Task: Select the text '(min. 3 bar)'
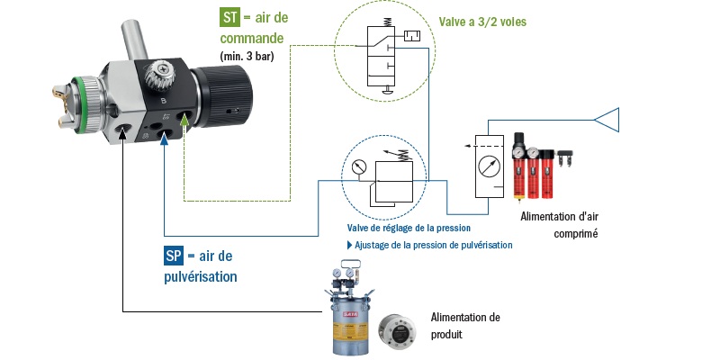point(247,56)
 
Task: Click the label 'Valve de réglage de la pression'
point(409,228)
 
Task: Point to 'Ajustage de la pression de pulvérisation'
point(430,245)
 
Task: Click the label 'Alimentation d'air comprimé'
point(559,224)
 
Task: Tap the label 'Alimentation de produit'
point(464,325)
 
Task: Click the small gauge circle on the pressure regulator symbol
point(358,166)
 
